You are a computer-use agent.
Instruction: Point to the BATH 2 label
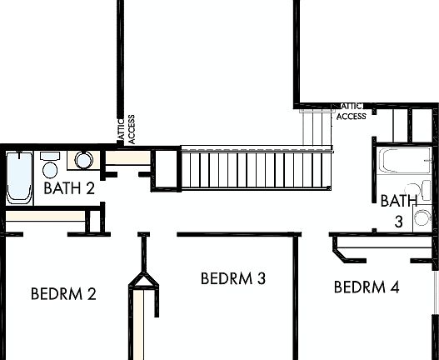pos(68,187)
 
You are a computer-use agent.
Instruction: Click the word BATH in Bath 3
pos(398,201)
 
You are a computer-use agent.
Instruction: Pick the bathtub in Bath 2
pos(18,176)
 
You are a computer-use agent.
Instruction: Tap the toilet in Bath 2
pos(49,167)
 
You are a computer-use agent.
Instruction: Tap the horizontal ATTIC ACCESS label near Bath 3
pos(352,112)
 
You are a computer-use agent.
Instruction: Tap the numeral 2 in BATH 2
pos(89,187)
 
